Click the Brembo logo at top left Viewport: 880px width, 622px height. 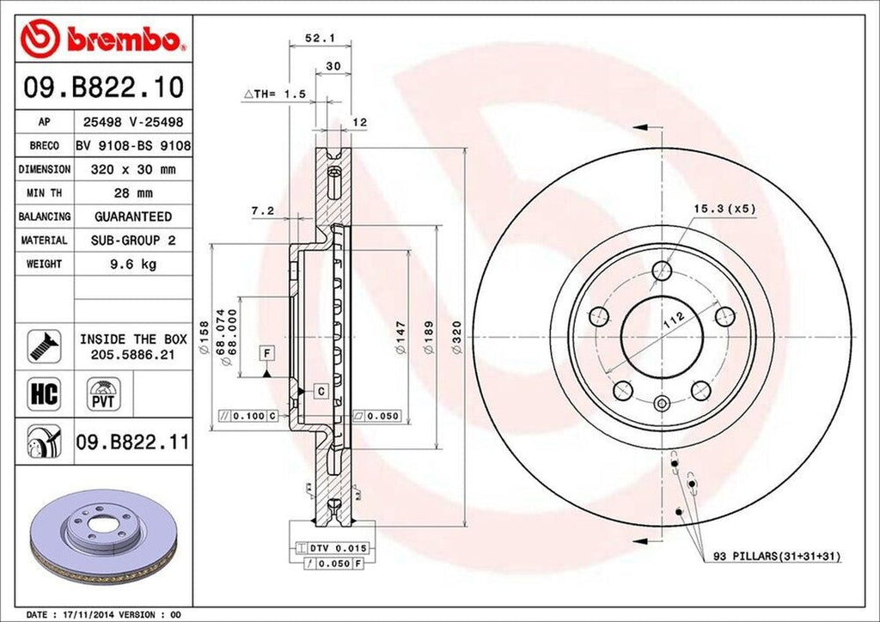coord(103,40)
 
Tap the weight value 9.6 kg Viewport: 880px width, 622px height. coord(133,264)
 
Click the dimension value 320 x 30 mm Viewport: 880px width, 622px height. coord(133,170)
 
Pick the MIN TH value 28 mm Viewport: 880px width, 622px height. coord(133,193)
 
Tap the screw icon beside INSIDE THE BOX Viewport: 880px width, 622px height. coord(42,344)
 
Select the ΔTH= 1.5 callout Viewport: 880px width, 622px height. coord(275,93)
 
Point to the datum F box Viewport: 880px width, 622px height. coord(268,351)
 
